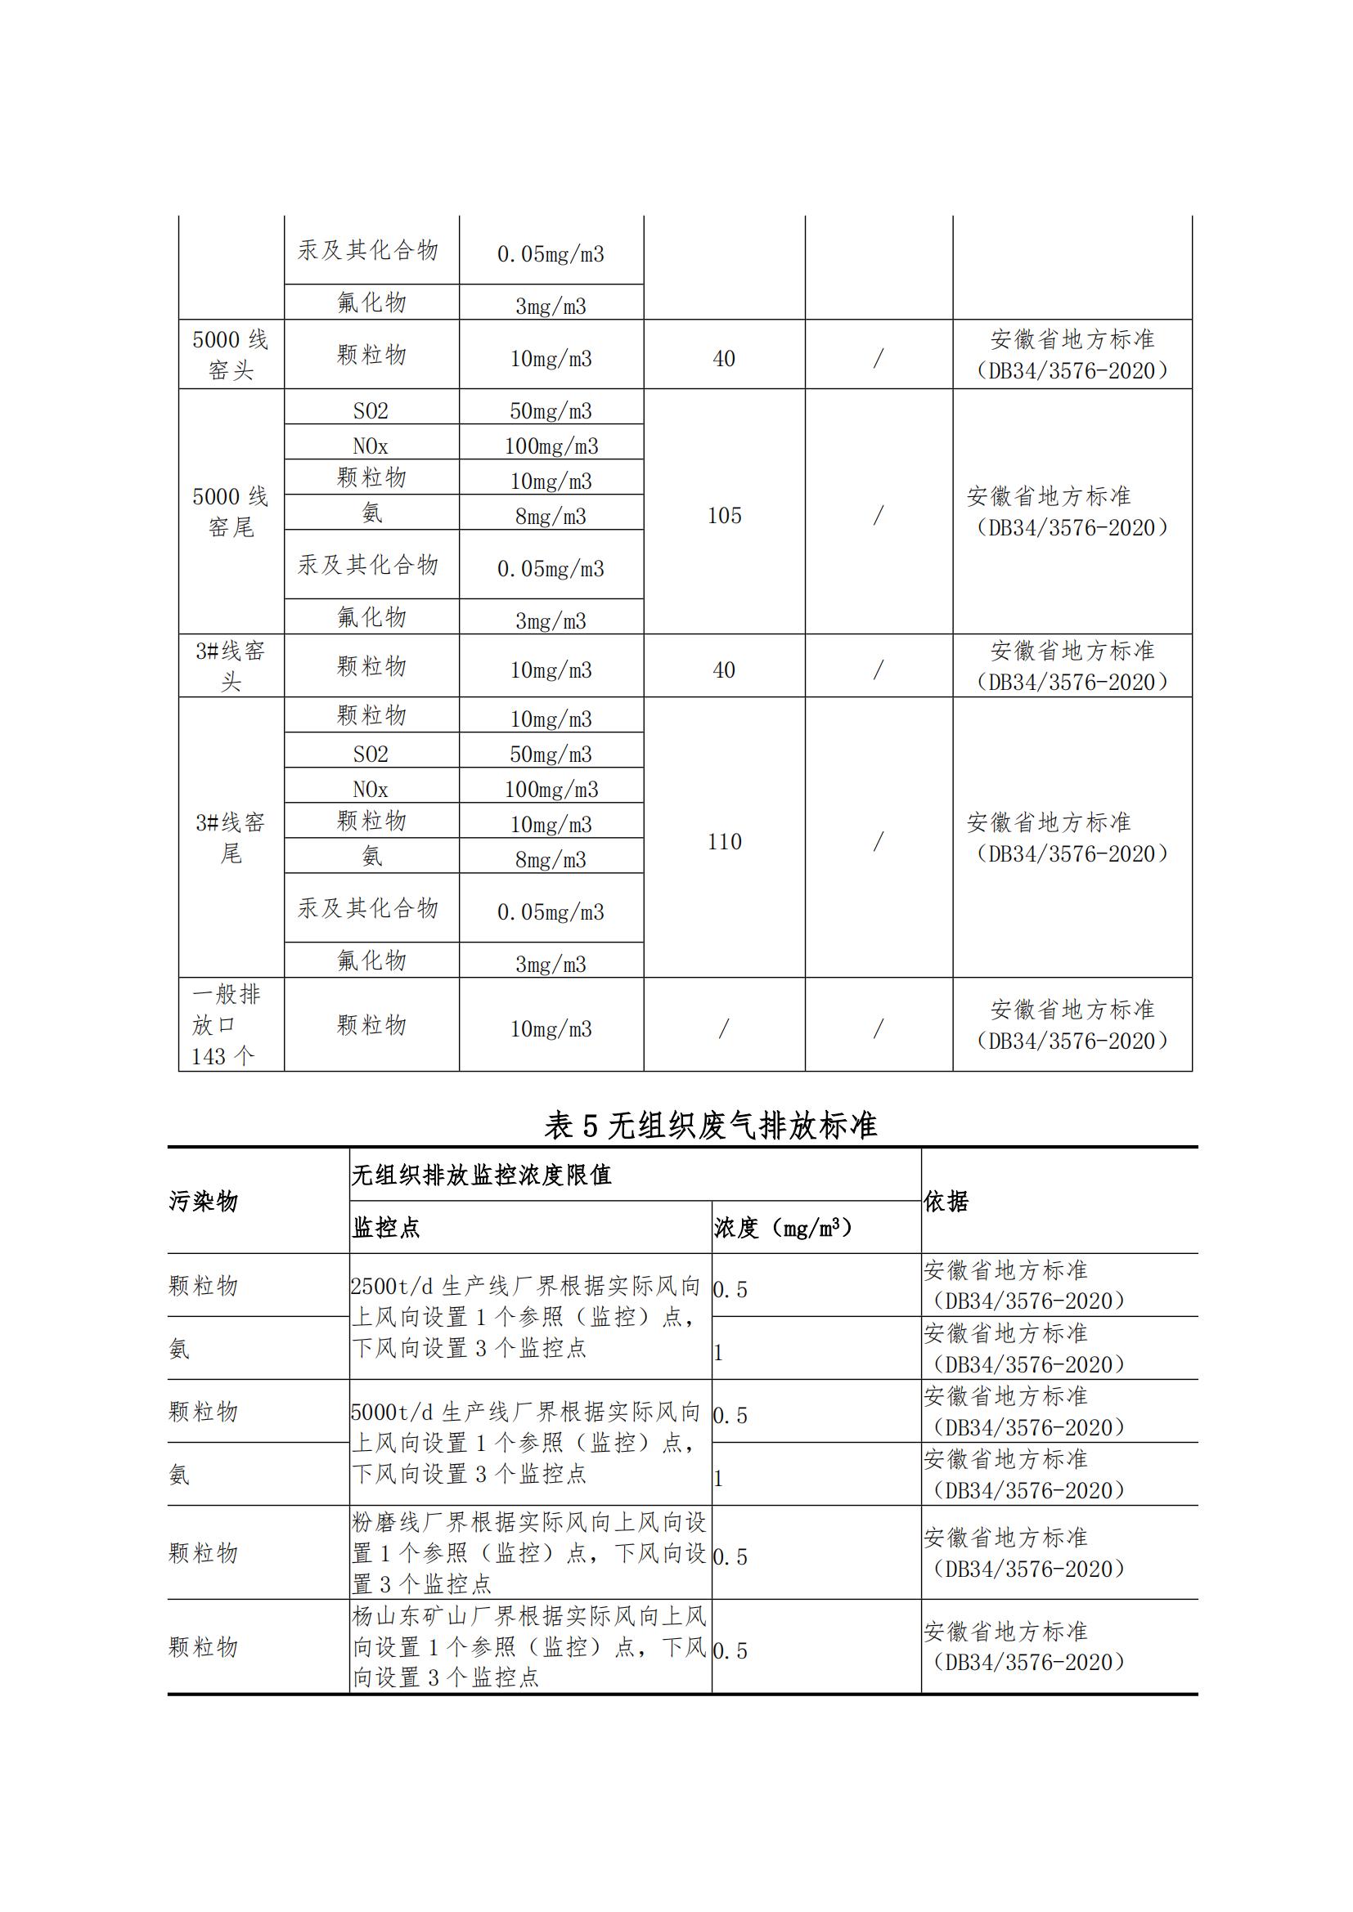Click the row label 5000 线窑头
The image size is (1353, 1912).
point(231,355)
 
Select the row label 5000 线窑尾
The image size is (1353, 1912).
point(231,511)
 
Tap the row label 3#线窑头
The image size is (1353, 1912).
point(231,666)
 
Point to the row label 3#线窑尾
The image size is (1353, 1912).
point(231,838)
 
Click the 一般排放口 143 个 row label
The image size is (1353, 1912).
point(225,1025)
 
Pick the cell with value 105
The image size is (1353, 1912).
point(724,516)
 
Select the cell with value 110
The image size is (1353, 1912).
point(724,842)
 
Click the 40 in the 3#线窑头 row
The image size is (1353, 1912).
point(724,670)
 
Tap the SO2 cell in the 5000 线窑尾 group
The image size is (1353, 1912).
point(371,410)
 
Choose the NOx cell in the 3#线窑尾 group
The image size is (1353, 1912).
point(371,789)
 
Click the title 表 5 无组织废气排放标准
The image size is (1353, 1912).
point(711,1126)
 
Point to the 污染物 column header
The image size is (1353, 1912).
point(205,1201)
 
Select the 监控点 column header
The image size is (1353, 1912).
point(386,1228)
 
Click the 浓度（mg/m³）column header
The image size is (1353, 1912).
point(783,1228)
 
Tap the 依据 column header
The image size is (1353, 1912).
point(946,1201)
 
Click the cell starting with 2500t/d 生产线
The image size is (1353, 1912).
point(527,1317)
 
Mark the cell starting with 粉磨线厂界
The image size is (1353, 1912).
point(529,1552)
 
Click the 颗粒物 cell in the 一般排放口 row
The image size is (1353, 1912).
point(371,1025)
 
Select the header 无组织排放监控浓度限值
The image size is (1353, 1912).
point(482,1175)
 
